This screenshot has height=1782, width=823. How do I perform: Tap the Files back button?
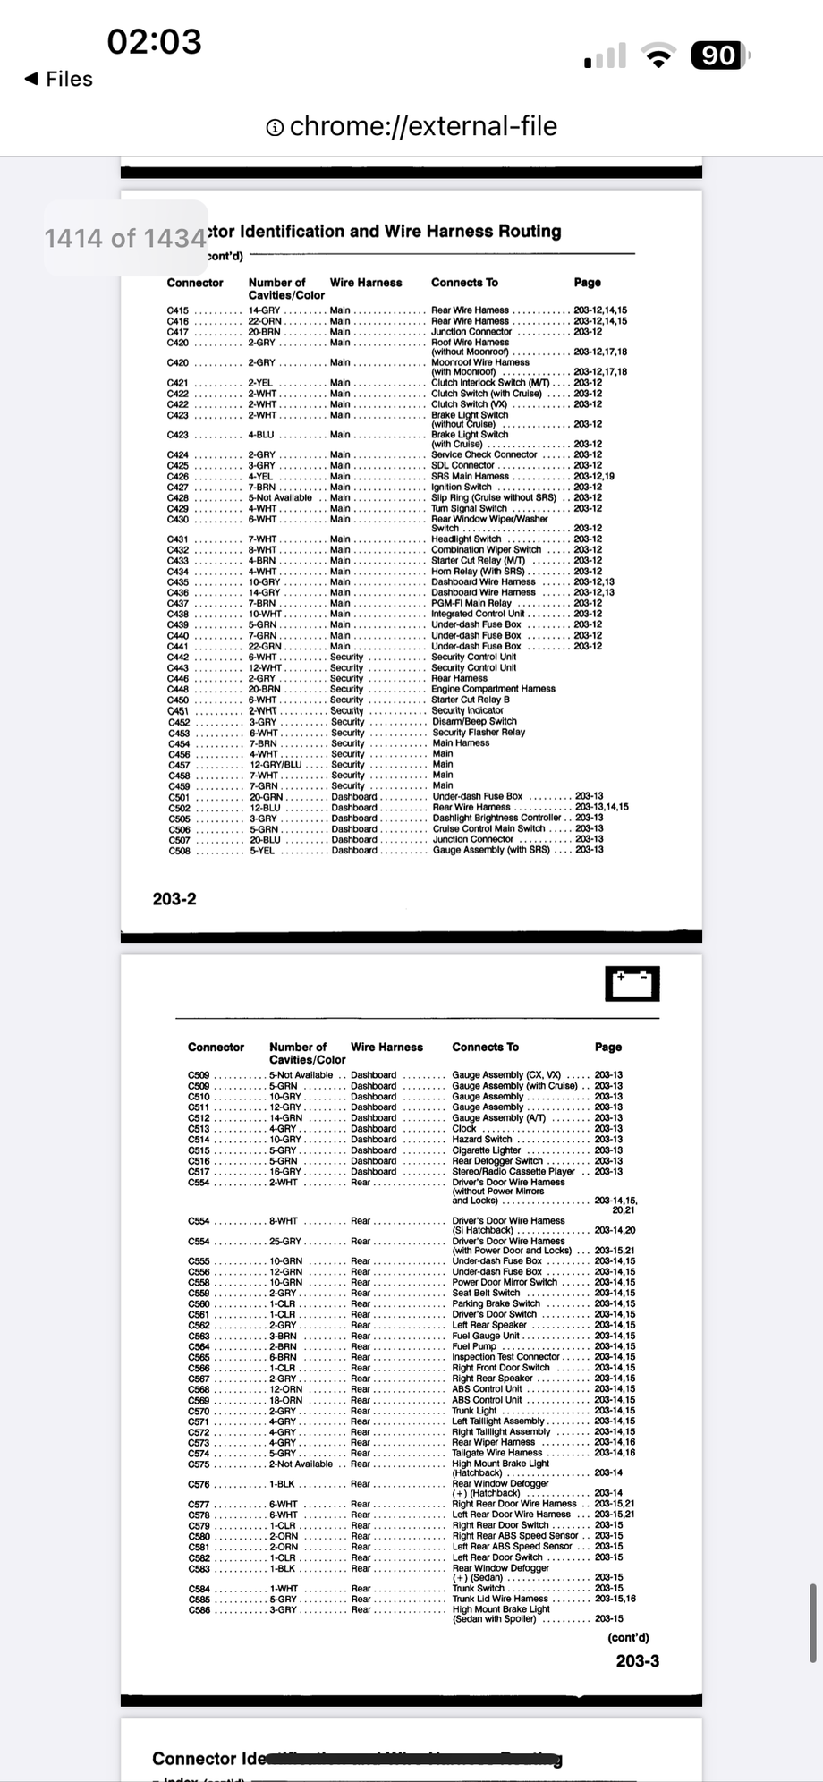59,80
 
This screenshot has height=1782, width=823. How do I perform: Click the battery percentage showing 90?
717,56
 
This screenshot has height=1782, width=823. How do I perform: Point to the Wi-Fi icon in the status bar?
659,58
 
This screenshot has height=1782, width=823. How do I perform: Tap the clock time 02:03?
155,41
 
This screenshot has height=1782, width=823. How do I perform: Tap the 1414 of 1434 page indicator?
125,238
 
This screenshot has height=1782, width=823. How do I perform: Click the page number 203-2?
174,899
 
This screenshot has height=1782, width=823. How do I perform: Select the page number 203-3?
637,1660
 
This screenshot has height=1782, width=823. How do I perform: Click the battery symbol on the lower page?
632,984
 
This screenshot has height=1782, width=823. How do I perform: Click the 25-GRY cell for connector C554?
285,1242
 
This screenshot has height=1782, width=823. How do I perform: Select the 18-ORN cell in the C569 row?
285,1400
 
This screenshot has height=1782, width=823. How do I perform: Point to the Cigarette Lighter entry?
486,1150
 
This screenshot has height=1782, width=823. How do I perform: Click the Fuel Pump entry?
474,1346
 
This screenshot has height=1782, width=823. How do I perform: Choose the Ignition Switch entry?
462,488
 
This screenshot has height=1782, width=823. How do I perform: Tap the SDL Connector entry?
462,466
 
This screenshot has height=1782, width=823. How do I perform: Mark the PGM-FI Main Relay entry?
471,604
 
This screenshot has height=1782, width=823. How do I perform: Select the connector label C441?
178,647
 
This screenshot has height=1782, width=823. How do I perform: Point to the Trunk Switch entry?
479,1589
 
